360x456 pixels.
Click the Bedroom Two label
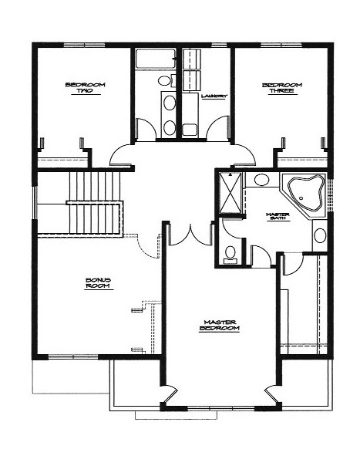point(85,88)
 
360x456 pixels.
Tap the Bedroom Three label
point(282,88)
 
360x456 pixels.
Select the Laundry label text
point(214,96)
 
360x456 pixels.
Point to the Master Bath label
point(278,216)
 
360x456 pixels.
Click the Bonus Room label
point(98,283)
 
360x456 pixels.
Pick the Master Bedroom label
point(220,325)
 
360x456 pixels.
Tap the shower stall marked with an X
point(230,193)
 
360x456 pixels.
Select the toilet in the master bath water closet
point(230,255)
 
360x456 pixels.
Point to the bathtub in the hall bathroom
point(156,59)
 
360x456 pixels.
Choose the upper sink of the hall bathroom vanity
point(169,103)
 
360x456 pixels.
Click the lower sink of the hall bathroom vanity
point(169,128)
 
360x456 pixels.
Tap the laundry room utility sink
point(190,130)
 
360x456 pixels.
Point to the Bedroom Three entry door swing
point(244,155)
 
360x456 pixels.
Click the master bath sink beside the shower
point(261,180)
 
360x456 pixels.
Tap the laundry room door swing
point(217,127)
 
